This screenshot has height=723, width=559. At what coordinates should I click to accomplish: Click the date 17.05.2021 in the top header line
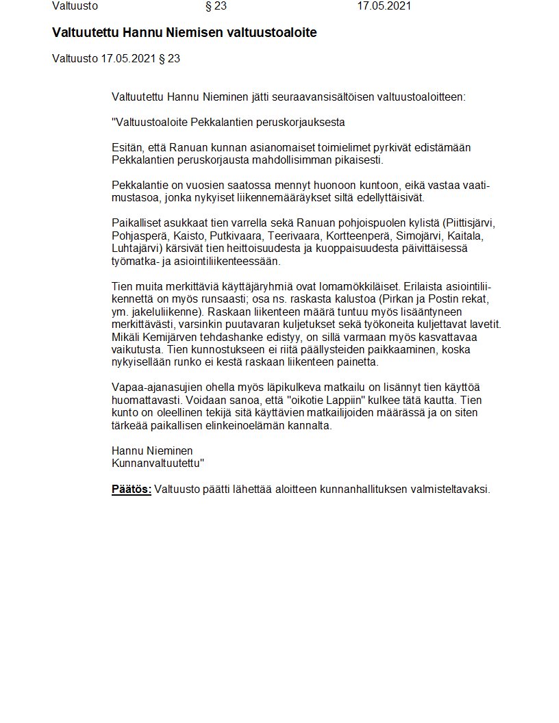(384, 6)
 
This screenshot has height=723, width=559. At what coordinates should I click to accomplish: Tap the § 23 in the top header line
(216, 6)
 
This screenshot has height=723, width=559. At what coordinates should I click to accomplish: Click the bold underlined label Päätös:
(132, 490)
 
